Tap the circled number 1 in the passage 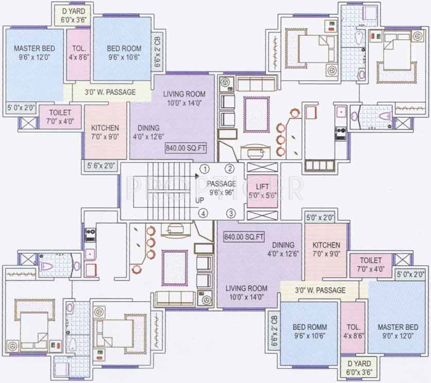click(x=205, y=169)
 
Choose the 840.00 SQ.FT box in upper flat click(x=186, y=148)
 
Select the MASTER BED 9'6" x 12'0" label click(x=34, y=52)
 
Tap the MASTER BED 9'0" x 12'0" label click(x=397, y=331)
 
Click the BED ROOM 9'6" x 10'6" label click(x=124, y=52)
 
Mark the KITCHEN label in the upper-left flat click(x=105, y=132)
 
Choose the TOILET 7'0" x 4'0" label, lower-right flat click(x=371, y=265)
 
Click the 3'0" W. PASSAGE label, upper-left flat click(x=110, y=92)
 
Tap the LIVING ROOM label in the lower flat click(x=247, y=293)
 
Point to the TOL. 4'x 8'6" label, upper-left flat click(x=79, y=52)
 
